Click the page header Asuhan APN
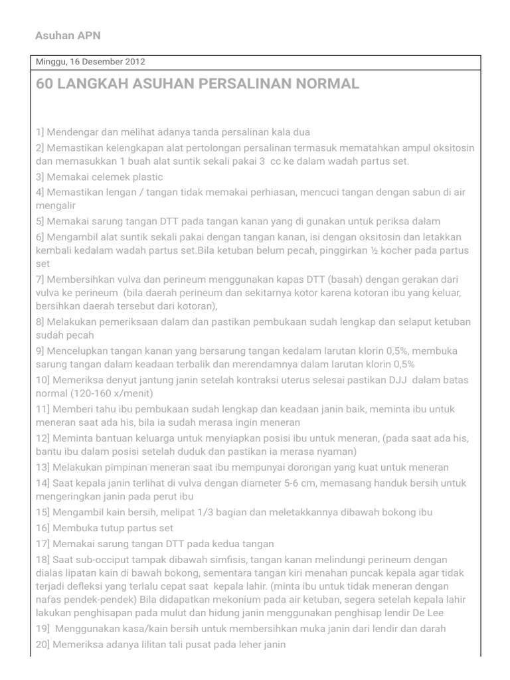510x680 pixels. click(x=68, y=35)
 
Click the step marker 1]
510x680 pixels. click(x=40, y=132)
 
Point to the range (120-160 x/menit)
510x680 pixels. click(x=113, y=393)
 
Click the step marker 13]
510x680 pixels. click(x=42, y=467)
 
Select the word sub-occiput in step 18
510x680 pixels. click(x=88, y=560)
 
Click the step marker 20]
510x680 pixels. click(x=42, y=644)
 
